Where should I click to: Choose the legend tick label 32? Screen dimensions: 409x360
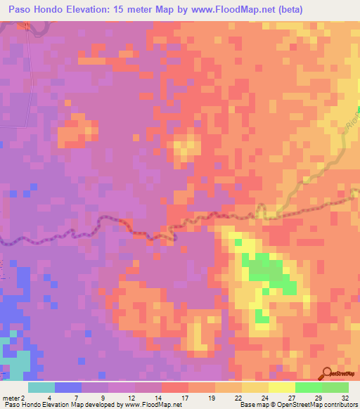coord(343,398)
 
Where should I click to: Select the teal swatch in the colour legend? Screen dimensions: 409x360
coord(41,387)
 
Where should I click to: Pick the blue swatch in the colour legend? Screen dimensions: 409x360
coord(68,387)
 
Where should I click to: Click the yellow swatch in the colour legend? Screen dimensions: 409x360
coord(282,387)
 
